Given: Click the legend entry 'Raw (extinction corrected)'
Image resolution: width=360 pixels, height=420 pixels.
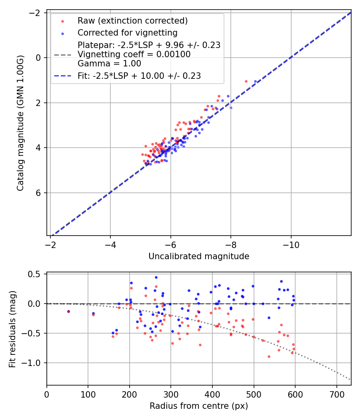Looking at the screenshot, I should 132,20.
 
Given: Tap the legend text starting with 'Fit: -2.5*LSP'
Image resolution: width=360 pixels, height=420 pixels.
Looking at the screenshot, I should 139,76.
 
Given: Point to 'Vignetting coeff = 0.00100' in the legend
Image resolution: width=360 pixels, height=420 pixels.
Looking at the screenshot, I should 134,54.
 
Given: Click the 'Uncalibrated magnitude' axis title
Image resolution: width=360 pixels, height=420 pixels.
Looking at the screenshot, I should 199,256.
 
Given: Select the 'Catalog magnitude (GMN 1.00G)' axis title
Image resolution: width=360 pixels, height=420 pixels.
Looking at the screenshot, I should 20,124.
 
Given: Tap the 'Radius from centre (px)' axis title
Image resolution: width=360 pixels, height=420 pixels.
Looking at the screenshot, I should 199,406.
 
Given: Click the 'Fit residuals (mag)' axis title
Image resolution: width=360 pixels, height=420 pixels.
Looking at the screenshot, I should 12,328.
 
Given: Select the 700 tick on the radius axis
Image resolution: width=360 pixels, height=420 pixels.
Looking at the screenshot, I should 336,394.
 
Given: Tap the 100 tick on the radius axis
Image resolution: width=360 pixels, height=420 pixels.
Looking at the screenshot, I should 88,394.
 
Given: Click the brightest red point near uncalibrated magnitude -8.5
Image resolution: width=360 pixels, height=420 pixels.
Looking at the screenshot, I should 246,81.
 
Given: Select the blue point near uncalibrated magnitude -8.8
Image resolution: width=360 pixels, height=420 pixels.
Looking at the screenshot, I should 255,81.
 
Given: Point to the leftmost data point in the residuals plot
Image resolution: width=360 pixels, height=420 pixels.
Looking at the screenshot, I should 68,311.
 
